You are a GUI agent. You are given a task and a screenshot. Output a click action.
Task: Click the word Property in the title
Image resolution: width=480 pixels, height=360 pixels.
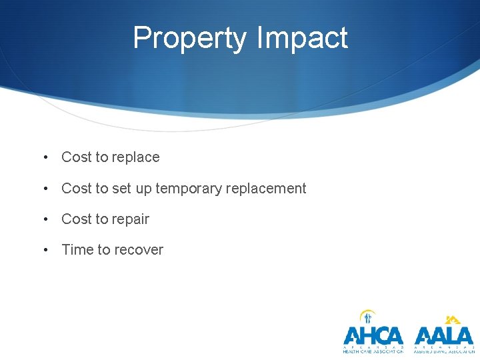[x=189, y=39]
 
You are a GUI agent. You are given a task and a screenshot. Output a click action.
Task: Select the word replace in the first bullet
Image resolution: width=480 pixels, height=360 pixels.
[x=137, y=158]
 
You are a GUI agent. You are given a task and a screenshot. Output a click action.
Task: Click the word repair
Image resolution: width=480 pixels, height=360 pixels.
[x=131, y=219]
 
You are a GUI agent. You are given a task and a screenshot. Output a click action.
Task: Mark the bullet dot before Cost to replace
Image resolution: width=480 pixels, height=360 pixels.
[x=45, y=158]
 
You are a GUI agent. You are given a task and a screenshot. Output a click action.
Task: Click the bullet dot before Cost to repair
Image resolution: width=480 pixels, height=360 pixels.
[x=45, y=219]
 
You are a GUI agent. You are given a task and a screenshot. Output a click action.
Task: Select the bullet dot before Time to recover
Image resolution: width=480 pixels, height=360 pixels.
[x=45, y=250]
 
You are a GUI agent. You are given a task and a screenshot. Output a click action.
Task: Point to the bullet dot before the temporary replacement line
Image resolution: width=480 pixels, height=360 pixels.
[x=45, y=189]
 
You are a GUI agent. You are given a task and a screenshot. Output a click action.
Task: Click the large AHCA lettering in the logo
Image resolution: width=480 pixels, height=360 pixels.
[x=373, y=335]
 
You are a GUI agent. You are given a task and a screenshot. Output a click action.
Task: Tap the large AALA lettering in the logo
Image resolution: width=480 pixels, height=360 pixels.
[x=443, y=335]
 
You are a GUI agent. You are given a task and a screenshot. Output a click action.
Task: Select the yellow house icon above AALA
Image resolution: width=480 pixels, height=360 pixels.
[x=453, y=319]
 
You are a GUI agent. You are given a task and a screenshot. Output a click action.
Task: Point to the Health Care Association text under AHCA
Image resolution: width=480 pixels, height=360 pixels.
[x=373, y=351]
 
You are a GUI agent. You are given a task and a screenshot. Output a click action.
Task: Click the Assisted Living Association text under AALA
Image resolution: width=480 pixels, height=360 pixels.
[x=443, y=351]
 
